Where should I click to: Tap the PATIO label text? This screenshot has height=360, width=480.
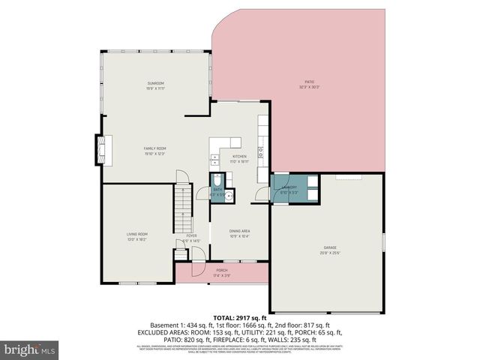coord(308,82)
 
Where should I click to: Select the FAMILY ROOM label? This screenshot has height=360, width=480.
coord(155,148)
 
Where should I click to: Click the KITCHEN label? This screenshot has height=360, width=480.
coord(239,157)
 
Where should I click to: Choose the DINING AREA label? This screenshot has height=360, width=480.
coord(239,231)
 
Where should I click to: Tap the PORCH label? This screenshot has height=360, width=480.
coord(222,270)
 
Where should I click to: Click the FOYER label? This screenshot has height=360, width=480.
coord(191,235)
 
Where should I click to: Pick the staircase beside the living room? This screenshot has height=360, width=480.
coord(183,210)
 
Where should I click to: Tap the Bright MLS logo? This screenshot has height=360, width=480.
coord(29,349)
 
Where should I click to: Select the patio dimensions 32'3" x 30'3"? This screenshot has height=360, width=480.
coord(308,88)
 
